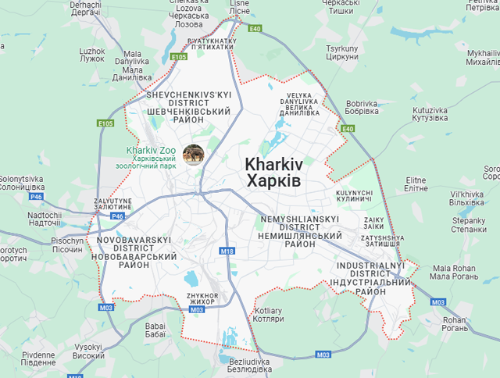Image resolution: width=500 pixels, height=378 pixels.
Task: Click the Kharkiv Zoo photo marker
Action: [x=193, y=155]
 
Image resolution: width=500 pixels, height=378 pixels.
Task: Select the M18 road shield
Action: [x=227, y=251]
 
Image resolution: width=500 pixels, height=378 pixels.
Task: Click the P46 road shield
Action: [x=117, y=216]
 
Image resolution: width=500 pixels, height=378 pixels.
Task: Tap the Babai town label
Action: [x=155, y=329]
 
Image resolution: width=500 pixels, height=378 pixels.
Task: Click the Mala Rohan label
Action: [x=453, y=272]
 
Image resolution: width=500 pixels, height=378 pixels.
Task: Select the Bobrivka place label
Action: [x=361, y=108]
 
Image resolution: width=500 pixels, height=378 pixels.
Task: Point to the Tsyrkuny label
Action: [x=341, y=52]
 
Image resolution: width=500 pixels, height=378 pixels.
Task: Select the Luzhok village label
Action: [x=91, y=55]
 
